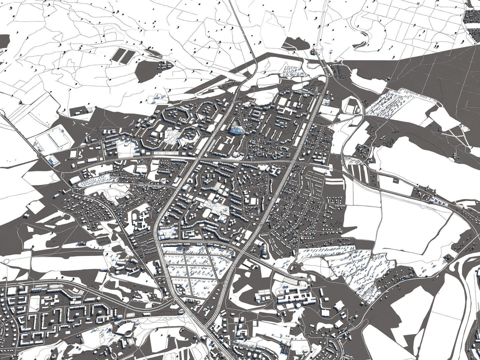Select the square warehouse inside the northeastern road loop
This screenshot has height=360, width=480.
[x=353, y=106]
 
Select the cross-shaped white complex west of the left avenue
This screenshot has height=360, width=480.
[x=142, y=220]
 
